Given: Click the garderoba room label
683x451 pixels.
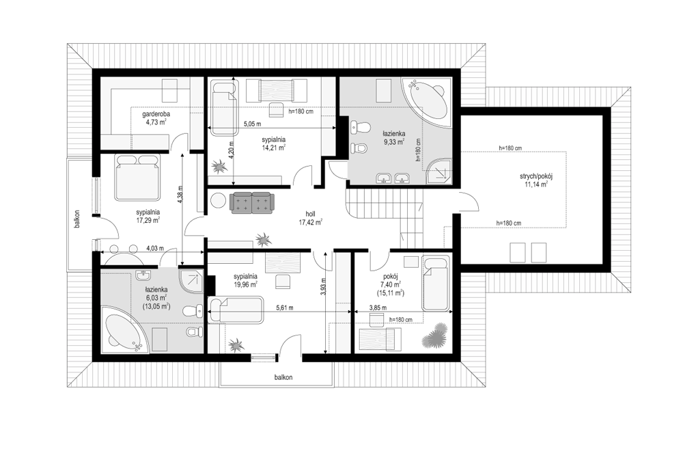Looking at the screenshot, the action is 156,114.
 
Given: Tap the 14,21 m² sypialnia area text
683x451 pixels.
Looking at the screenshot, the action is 274,148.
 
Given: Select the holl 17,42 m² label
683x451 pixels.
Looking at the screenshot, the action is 310,218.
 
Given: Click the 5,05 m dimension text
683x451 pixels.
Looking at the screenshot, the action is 252,124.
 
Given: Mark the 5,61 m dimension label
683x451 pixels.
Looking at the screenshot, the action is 285,307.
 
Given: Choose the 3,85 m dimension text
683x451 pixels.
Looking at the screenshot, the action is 378,307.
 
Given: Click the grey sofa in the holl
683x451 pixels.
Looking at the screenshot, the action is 252,203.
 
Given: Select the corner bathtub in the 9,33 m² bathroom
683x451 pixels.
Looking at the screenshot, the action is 427,102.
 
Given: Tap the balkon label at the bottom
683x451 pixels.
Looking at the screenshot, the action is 283,377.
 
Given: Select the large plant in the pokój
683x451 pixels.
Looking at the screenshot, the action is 434,335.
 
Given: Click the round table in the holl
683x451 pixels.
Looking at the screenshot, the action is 217,202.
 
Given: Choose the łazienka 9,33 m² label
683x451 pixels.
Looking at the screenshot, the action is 394,138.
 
